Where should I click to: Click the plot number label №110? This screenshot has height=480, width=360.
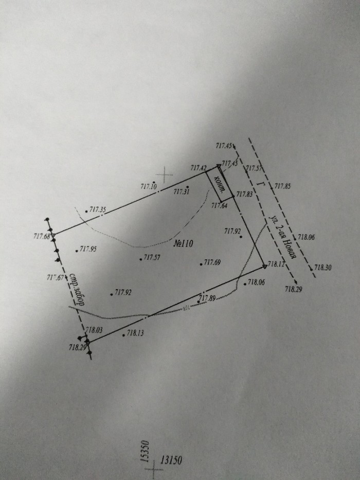coord(184,244)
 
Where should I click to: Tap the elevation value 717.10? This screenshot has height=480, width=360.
coord(148,186)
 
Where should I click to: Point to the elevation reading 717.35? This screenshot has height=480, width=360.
coord(98,209)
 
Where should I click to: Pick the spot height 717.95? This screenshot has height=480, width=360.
coord(88,250)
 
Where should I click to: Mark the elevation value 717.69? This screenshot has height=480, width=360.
coord(212,263)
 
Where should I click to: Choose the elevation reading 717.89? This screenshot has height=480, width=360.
coord(206,298)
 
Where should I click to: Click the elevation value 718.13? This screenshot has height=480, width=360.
coord(135,333)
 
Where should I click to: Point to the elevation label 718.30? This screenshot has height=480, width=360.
coord(323,268)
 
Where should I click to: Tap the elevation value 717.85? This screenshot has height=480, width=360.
coord(282,186)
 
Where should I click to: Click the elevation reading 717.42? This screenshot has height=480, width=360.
coord(199,168)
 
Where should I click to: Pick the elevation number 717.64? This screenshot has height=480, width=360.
coord(219,206)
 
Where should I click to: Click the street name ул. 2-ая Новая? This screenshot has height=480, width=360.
coord(281,237)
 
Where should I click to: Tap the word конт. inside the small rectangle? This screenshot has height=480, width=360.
coord(220,183)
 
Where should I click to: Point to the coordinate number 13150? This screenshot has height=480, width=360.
coord(172,459)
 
